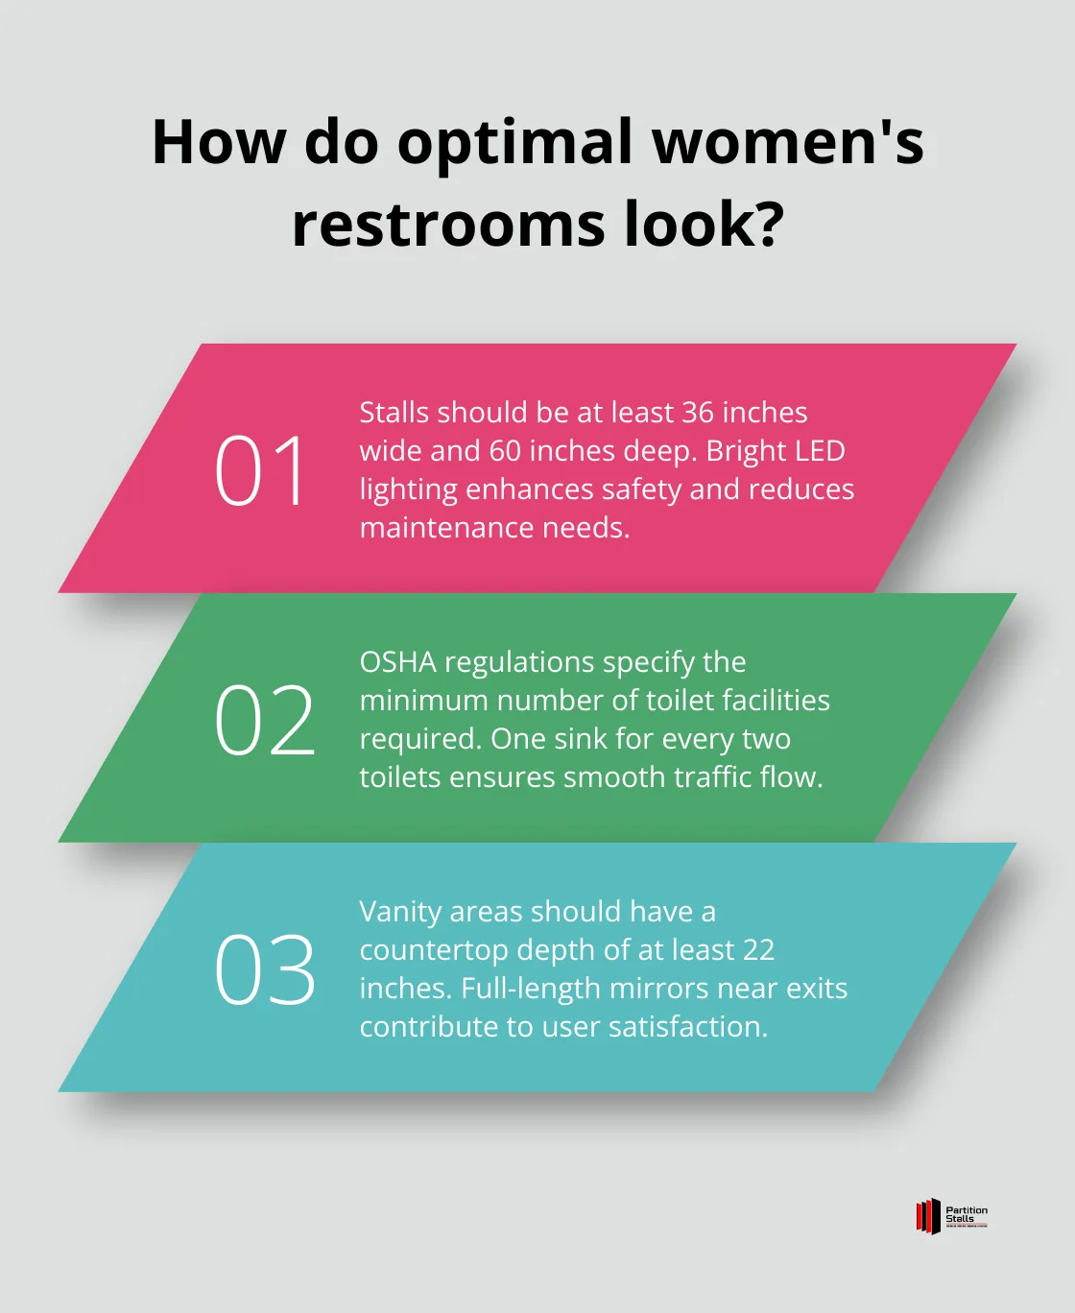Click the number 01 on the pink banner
(x=260, y=470)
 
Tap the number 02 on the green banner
(x=264, y=720)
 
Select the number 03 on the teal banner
(x=264, y=969)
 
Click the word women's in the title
(x=788, y=142)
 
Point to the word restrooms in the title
(x=449, y=225)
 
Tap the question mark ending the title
(x=764, y=225)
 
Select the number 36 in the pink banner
(x=698, y=413)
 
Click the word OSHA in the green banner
(x=397, y=662)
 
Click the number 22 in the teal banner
(x=758, y=950)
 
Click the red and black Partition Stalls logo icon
(x=927, y=1216)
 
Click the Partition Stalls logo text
(x=966, y=1215)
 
